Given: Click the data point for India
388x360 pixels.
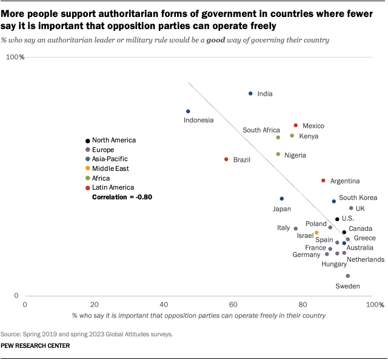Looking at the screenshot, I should coord(250,93).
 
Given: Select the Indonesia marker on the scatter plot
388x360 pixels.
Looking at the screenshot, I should coord(188,112).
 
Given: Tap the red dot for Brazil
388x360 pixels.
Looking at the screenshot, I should coord(226,159).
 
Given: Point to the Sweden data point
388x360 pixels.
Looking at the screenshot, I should coord(348,276).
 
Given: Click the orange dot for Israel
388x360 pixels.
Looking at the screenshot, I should coord(316,233).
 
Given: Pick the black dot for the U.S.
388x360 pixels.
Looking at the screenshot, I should coord(337,219).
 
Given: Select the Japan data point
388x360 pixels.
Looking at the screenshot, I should coord(281,199).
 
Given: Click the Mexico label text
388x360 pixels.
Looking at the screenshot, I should coord(313,126).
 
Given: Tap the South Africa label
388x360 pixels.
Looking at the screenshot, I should coord(261,130).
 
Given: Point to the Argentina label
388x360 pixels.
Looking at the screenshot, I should coord(346,181).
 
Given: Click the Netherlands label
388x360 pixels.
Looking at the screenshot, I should coord(366,259).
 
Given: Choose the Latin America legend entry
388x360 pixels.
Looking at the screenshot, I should coord(113,188).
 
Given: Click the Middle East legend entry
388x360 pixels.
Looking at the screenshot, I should coord(110,168).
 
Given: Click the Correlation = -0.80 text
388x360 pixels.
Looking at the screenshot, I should coord(121,198).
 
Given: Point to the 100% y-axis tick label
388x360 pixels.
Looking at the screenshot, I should coord(15,58).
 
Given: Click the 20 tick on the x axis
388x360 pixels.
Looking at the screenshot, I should coord(94,304).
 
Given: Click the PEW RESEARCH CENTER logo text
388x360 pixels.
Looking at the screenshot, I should coord(35,346).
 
